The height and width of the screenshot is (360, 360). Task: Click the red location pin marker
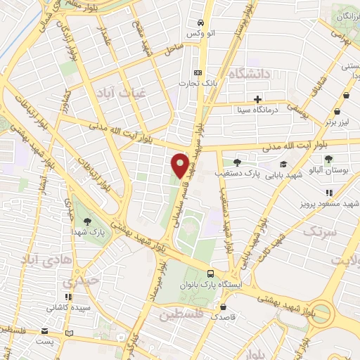[x=180, y=165]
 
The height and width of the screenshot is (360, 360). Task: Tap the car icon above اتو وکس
[x=200, y=22]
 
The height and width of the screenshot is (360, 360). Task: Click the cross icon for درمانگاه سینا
[x=258, y=99]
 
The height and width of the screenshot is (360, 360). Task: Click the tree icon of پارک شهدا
[x=87, y=220]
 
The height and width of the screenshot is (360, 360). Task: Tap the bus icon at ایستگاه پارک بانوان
[x=210, y=273]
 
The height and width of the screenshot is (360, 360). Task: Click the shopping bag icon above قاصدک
[x=222, y=307]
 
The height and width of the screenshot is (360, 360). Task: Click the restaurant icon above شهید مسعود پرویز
[x=328, y=193]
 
